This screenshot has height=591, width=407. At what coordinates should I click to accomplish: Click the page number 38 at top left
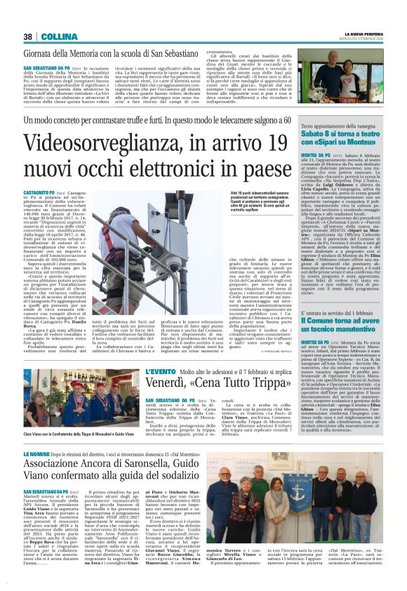(28, 36)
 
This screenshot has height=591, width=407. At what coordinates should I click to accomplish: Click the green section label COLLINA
(54, 36)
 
